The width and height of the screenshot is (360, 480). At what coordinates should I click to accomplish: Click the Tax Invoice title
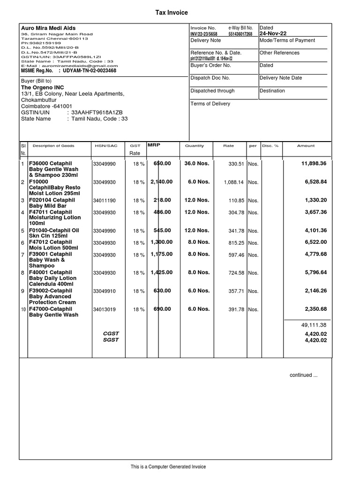(172, 13)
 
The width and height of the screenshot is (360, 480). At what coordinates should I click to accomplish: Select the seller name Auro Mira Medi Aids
(48, 28)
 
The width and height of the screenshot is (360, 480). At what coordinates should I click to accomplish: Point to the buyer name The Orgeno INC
(43, 88)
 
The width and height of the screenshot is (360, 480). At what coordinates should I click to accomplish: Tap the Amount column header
(306, 146)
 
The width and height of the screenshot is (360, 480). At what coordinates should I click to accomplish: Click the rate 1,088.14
(233, 182)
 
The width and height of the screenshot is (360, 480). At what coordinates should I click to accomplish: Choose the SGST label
(111, 340)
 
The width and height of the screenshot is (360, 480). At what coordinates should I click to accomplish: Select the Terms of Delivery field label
(210, 104)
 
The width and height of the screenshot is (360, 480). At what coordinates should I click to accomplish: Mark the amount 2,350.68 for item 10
(315, 309)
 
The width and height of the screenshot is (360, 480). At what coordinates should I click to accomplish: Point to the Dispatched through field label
(212, 91)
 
